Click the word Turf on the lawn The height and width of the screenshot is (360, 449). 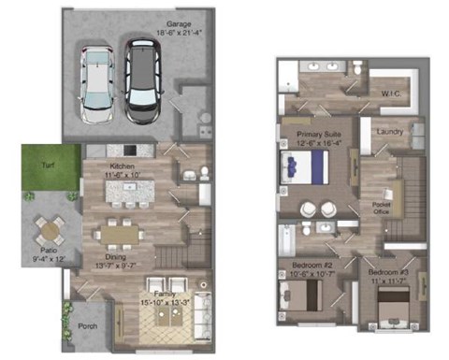pyautogui.click(x=47, y=164)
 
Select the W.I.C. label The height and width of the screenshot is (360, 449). pyautogui.click(x=391, y=94)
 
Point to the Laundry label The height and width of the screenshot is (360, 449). pyautogui.click(x=389, y=131)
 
